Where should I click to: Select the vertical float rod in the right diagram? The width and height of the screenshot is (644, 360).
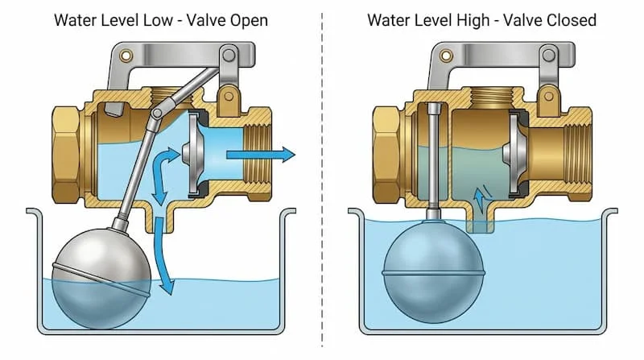coord(433,161)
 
